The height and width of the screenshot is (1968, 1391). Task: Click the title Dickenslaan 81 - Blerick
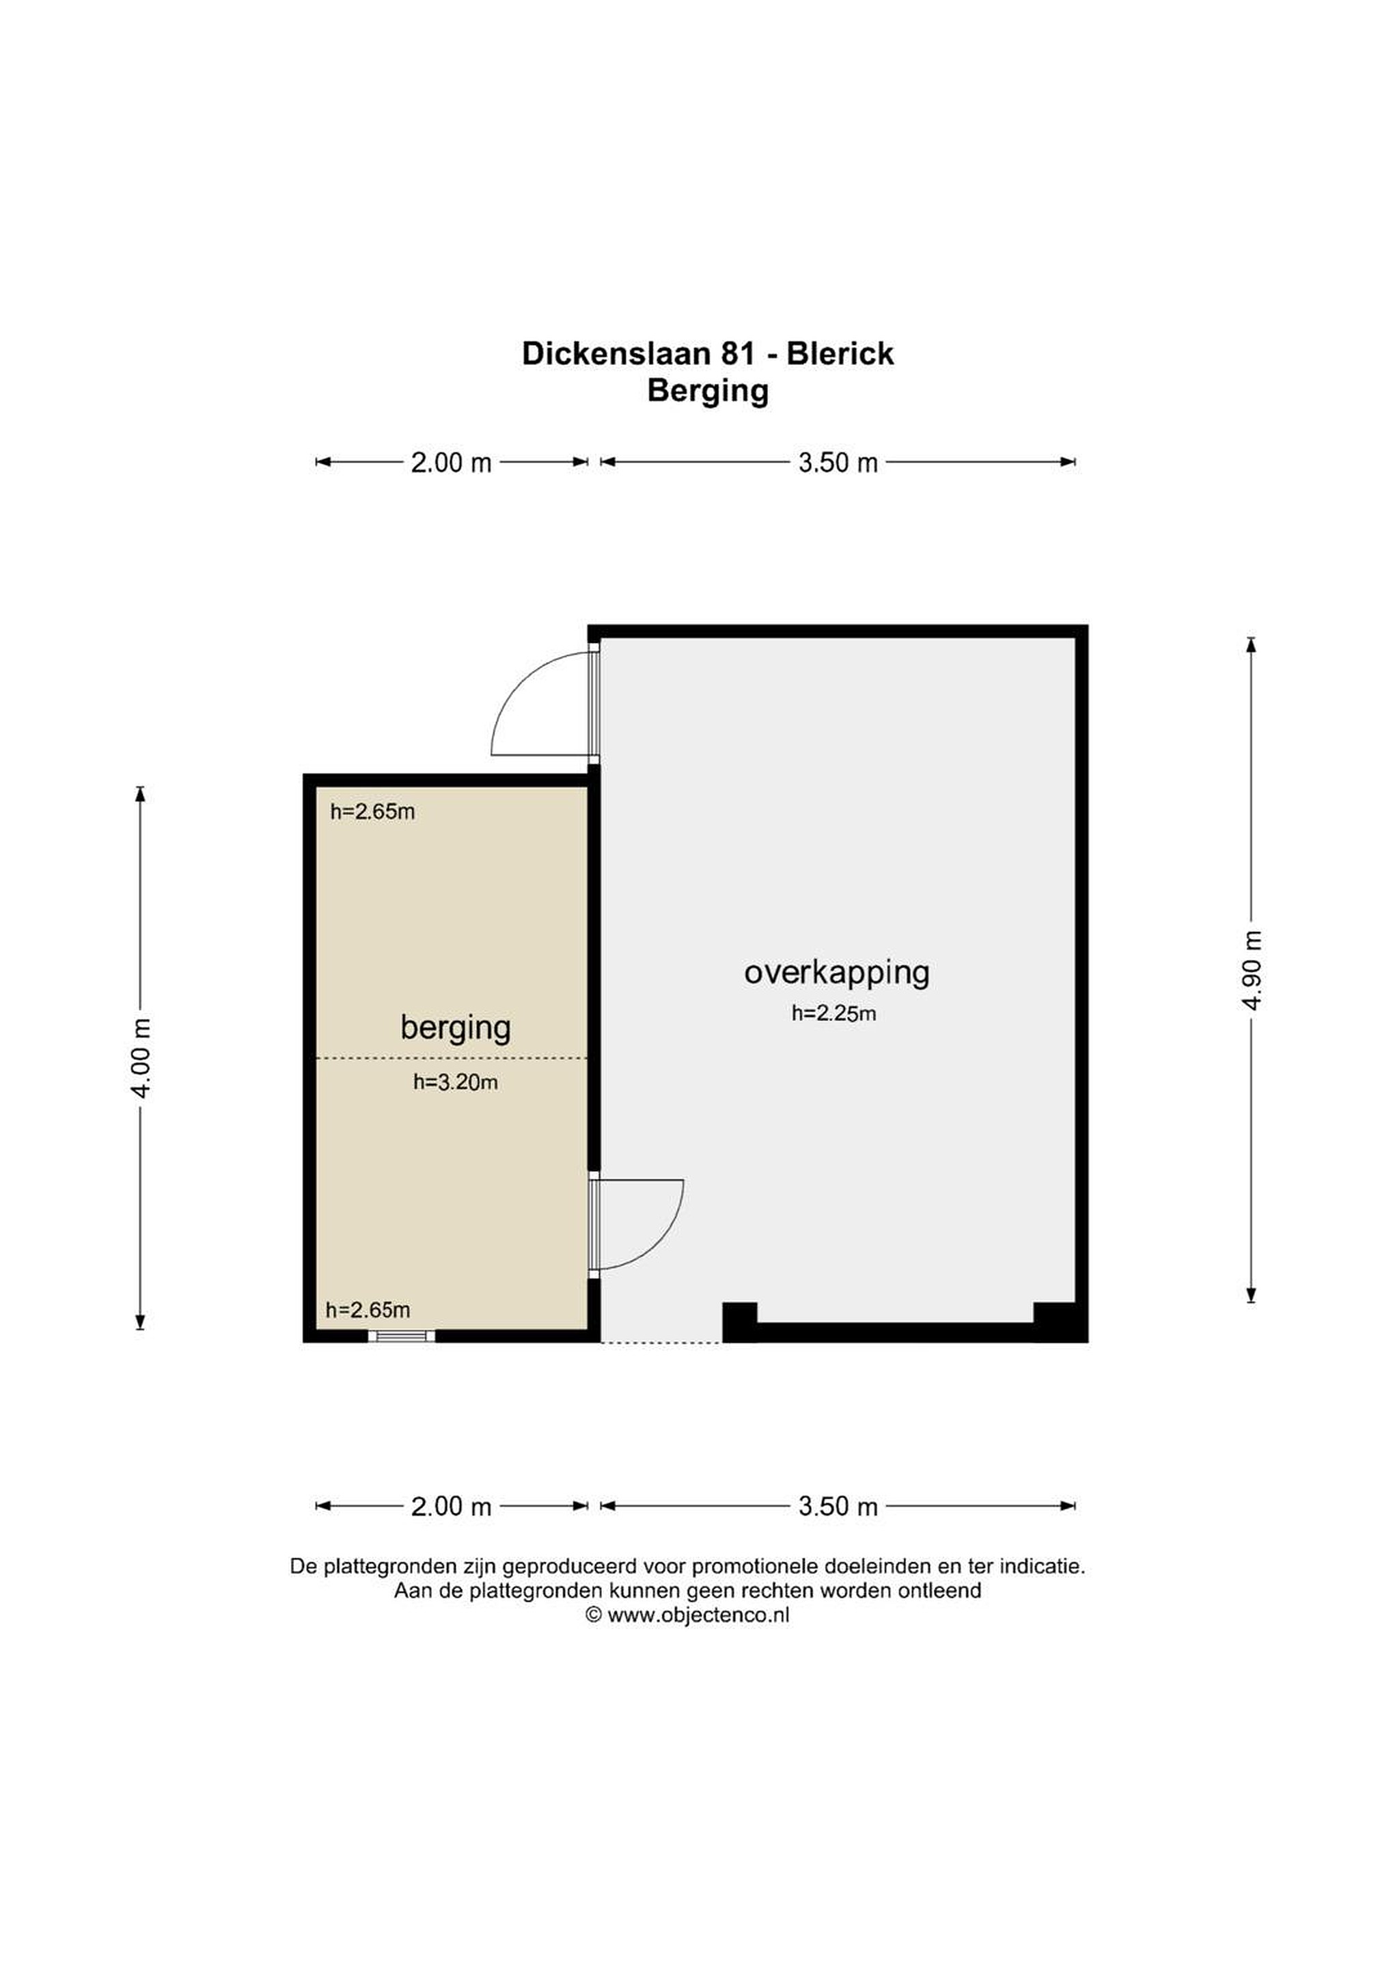[x=707, y=354]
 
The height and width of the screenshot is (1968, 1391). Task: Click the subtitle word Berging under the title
[x=708, y=392]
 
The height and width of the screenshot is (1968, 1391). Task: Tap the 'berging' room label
[x=455, y=1028]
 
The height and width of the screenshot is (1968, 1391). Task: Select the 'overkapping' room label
[x=836, y=973]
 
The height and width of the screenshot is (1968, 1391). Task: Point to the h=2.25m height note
[x=833, y=1014]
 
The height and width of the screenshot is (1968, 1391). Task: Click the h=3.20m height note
[x=455, y=1082]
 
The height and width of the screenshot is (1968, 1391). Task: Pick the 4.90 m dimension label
[x=1252, y=970]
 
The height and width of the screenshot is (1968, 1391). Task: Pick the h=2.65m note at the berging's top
[x=373, y=812]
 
